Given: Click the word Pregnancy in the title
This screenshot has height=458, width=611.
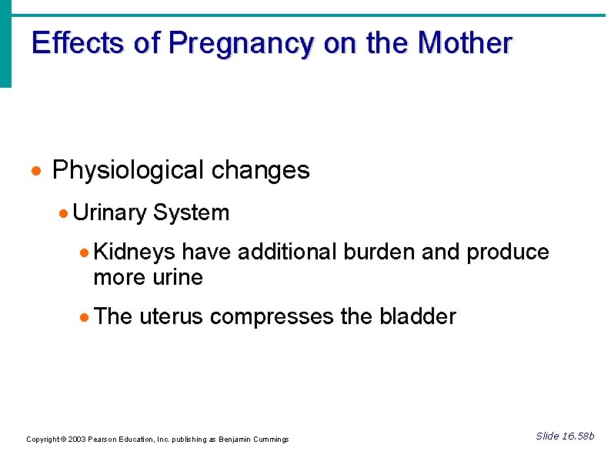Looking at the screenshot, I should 241,44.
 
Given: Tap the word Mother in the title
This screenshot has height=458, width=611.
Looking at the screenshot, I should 464,43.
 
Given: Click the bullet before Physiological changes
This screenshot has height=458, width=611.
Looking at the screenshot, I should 38,171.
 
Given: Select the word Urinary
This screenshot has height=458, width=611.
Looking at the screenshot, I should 110,212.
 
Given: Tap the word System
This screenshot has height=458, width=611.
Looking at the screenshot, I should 191,212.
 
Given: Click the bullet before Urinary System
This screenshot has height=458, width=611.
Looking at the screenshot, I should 65,213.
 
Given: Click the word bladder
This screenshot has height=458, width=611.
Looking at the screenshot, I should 417,316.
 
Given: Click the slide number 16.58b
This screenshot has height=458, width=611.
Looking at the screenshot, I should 579,436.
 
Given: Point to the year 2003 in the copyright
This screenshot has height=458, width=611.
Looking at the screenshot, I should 78,440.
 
